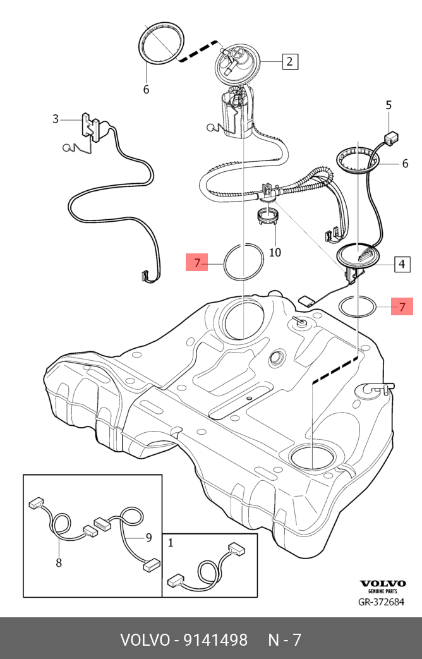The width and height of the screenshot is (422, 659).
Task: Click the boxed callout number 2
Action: (289, 61)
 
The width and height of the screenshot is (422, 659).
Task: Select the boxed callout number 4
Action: (402, 264)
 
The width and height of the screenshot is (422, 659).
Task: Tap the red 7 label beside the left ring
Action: (197, 262)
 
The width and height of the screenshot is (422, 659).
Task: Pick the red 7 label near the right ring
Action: (402, 307)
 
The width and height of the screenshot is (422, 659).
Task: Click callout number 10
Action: (275, 253)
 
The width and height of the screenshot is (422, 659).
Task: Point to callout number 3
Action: (56, 119)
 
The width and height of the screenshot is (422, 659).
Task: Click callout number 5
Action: (389, 105)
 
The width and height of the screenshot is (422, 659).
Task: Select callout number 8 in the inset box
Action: (59, 562)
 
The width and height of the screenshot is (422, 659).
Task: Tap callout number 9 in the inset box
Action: (149, 538)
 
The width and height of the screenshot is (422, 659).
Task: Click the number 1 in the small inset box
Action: (170, 542)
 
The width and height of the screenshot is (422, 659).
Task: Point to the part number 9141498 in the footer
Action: (215, 640)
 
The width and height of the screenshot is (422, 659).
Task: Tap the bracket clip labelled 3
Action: (90, 126)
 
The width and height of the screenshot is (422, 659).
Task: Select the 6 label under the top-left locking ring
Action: (146, 90)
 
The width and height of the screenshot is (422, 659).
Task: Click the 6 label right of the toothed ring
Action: (405, 164)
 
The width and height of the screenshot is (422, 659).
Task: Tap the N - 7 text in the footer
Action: (284, 640)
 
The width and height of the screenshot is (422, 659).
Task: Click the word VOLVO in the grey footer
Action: (144, 640)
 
